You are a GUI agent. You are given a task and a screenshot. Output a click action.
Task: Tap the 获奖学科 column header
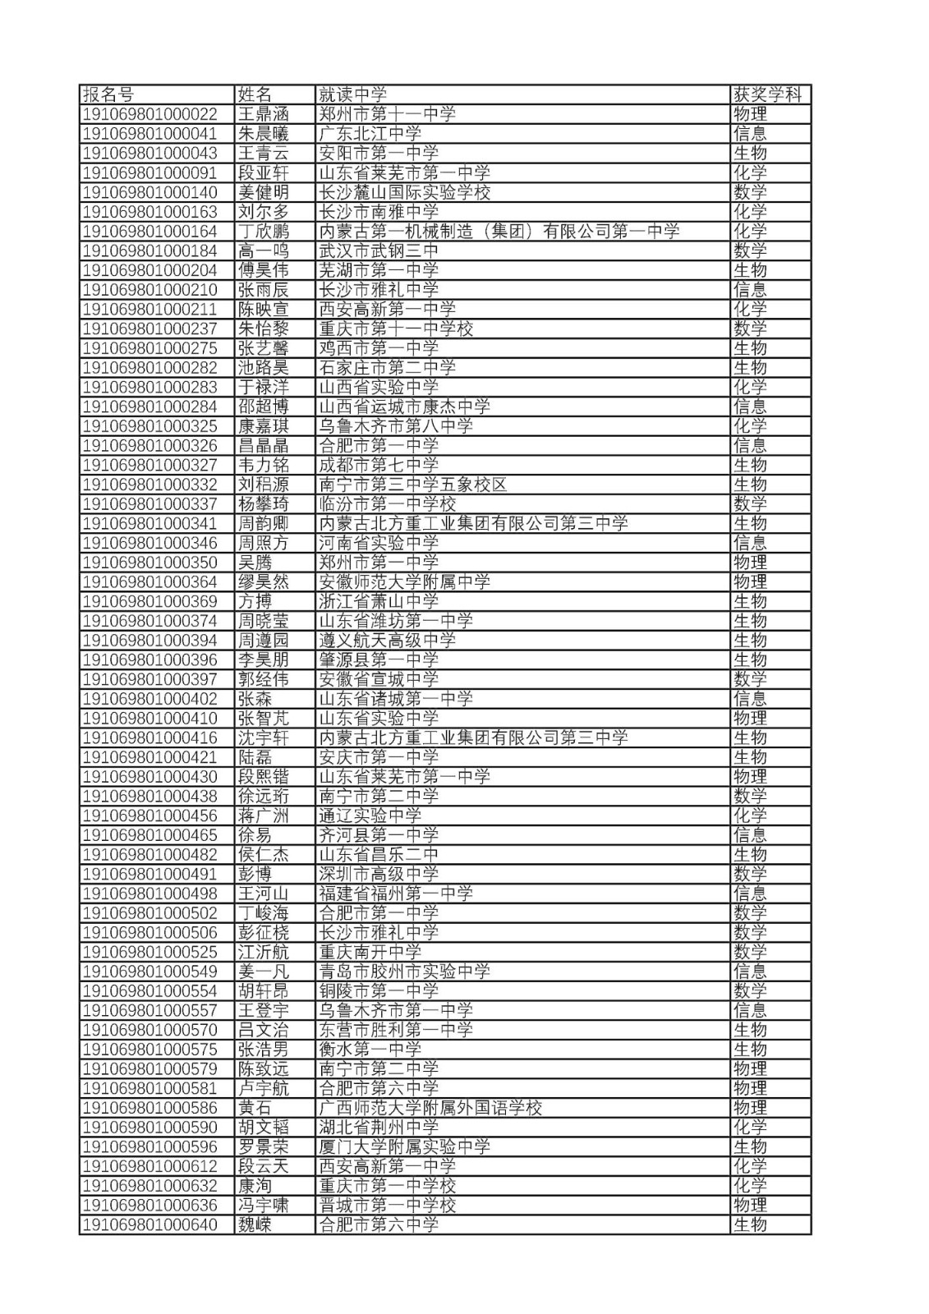pyautogui.click(x=766, y=94)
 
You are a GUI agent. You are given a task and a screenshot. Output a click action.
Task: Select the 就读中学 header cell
pyautogui.click(x=352, y=94)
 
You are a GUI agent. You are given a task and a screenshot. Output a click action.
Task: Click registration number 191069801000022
pyautogui.click(x=150, y=114)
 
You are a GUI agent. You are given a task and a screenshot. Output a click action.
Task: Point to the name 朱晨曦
pyautogui.click(x=264, y=134)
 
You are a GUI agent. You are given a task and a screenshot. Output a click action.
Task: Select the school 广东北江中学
pyautogui.click(x=370, y=134)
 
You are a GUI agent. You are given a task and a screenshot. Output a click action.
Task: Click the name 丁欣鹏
pyautogui.click(x=264, y=232)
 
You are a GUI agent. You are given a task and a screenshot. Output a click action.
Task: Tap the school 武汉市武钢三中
pyautogui.click(x=379, y=250)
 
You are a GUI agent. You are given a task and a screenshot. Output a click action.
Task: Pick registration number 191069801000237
pyautogui.click(x=150, y=328)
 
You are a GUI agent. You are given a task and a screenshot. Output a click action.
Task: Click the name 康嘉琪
pyautogui.click(x=264, y=426)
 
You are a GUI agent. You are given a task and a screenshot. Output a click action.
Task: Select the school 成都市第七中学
pyautogui.click(x=379, y=465)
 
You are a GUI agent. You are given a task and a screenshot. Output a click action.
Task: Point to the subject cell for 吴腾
pyautogui.click(x=750, y=563)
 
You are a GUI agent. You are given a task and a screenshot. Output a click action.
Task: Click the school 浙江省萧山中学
pyautogui.click(x=379, y=601)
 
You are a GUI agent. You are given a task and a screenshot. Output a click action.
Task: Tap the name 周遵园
pyautogui.click(x=264, y=641)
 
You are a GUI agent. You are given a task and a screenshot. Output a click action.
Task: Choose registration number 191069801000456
pyautogui.click(x=150, y=816)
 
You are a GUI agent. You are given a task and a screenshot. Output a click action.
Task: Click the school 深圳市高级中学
pyautogui.click(x=379, y=874)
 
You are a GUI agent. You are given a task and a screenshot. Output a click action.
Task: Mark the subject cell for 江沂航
pyautogui.click(x=750, y=952)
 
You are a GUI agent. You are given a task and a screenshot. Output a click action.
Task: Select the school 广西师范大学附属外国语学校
pyautogui.click(x=430, y=1108)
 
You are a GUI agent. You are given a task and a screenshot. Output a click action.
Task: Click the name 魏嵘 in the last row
pyautogui.click(x=255, y=1224)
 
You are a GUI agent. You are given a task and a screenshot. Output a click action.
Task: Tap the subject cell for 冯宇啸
pyautogui.click(x=750, y=1206)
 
